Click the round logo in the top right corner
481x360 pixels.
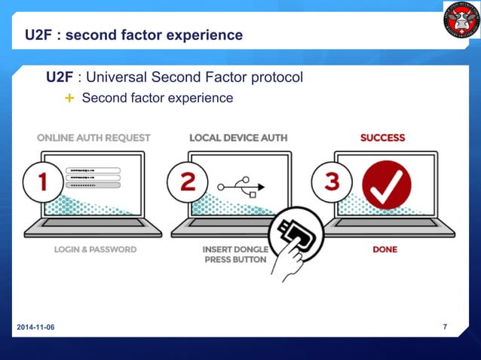(x=461, y=20)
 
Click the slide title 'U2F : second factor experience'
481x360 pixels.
(x=133, y=35)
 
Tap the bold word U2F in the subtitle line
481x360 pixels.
(x=60, y=77)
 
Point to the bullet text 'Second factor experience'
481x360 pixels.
(x=157, y=99)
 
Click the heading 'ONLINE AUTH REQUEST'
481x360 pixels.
(x=93, y=138)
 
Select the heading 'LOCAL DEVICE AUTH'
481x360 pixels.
(x=238, y=138)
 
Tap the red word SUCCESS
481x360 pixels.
(x=382, y=138)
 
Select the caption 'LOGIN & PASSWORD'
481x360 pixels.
(x=94, y=249)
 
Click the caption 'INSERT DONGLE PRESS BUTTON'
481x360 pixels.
(x=234, y=255)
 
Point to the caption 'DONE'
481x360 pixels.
(x=384, y=249)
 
